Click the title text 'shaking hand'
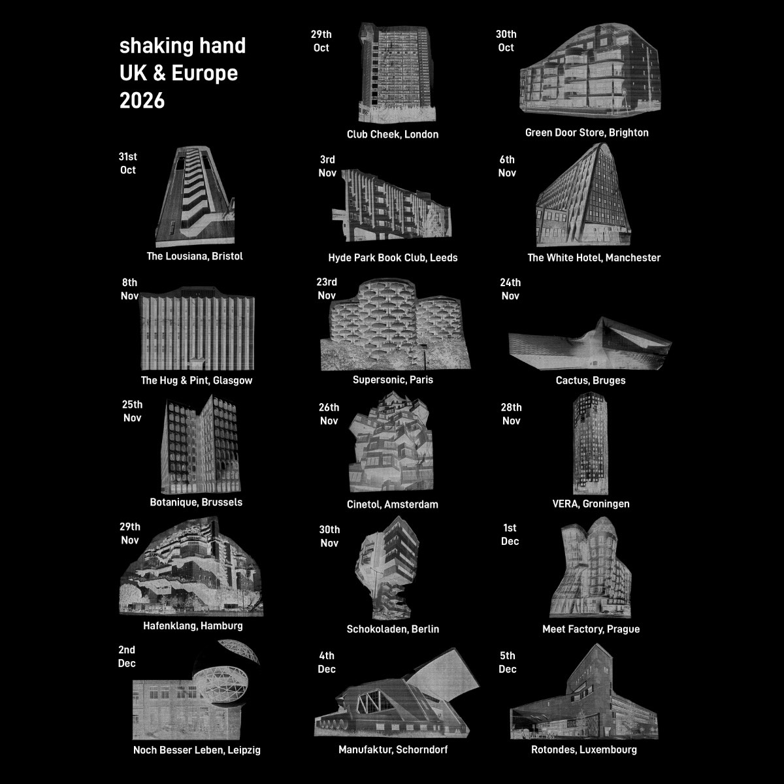coord(183,46)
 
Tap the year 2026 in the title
coord(142,100)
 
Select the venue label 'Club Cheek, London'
coord(393,135)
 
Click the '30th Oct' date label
coord(506,41)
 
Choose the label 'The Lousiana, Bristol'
coord(195,256)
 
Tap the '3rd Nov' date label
coord(327,166)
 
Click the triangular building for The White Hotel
coord(585,195)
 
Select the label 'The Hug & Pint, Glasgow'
coord(197,380)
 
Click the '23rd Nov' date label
coord(327,289)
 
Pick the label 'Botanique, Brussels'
coord(196,502)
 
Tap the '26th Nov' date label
coord(329,414)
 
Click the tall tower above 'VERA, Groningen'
coord(591,443)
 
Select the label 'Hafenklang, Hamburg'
coord(193,625)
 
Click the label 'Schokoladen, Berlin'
coord(393,629)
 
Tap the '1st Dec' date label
coord(510,534)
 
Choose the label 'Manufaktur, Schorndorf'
coord(393,749)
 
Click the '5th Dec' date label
coord(508,662)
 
